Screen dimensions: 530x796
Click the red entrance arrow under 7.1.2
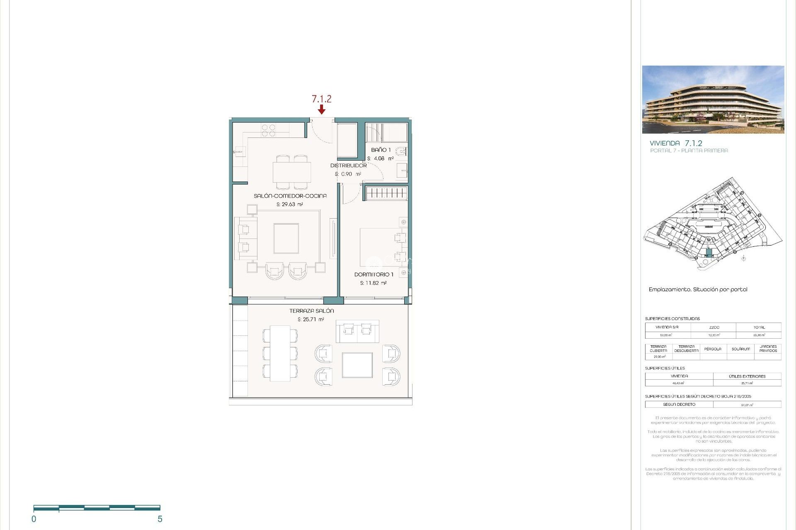(321, 109)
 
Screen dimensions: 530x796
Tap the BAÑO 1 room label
(381, 150)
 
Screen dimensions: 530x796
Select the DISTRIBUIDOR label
(348, 165)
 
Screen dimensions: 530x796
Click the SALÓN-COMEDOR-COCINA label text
(290, 196)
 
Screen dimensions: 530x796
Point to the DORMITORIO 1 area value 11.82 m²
(373, 283)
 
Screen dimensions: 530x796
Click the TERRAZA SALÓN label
(311, 311)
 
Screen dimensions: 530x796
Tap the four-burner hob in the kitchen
(268, 130)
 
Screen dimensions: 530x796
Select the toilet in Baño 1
(400, 152)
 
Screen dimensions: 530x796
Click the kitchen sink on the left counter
(239, 152)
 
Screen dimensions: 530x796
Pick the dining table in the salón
(291, 172)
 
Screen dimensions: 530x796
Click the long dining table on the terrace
(280, 353)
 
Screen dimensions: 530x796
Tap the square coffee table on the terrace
(357, 365)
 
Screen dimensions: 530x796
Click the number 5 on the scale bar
(160, 519)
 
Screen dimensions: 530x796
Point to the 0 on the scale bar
(34, 519)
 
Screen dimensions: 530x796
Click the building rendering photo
(713, 99)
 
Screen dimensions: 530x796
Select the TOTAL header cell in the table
(759, 327)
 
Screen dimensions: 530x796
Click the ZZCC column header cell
(714, 327)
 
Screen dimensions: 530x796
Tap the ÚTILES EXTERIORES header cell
(747, 376)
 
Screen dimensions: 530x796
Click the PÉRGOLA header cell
(713, 349)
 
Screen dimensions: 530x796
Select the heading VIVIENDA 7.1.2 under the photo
(676, 143)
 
